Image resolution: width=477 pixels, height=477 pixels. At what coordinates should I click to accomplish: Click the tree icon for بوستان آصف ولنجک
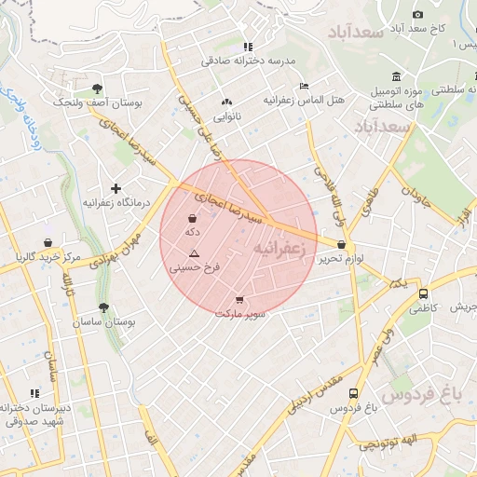tap(97, 89)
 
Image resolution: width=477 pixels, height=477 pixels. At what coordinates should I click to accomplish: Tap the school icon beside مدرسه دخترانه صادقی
tap(247, 47)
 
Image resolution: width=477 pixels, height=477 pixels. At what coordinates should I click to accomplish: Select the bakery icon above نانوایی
tap(226, 102)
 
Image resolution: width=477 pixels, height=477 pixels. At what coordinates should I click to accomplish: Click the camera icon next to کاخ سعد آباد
tap(417, 14)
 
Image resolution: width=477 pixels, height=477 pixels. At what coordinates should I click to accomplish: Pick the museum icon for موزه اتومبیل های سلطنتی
tap(397, 76)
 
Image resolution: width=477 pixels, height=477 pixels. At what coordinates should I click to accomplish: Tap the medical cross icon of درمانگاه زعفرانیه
tap(116, 188)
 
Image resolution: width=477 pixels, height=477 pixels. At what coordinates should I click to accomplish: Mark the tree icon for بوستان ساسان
tap(102, 307)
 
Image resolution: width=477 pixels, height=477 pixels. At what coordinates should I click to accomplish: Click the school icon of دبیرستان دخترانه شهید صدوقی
tap(35, 394)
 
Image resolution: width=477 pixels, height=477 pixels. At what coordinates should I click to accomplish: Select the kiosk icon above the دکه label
tap(192, 219)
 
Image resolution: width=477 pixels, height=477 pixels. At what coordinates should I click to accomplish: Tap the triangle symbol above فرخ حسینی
tap(194, 253)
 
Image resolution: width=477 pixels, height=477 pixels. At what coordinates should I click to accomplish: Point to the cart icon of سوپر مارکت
tap(240, 300)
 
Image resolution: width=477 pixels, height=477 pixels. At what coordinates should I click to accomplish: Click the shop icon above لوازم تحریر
tap(342, 245)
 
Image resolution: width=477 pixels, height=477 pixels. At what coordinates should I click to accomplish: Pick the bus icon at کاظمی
tap(425, 293)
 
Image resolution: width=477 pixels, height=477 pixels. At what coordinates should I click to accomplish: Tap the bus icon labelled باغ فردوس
tap(353, 393)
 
